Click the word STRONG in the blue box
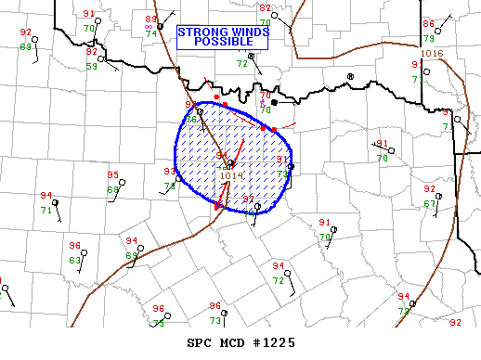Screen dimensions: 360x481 tap(201, 32)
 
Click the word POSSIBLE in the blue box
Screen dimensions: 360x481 tap(223, 43)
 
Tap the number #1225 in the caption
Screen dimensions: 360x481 tap(274, 342)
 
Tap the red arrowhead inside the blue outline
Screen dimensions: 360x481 tap(219, 205)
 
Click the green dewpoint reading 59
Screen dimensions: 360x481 tap(92, 66)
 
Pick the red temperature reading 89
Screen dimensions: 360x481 tap(151, 19)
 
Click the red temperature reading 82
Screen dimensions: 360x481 tap(265, 8)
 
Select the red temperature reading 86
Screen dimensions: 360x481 tap(428, 24)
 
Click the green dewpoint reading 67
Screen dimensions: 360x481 tap(430, 203)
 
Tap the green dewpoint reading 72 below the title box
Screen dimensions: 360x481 tap(241, 64)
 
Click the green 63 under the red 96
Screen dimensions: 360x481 tap(75, 261)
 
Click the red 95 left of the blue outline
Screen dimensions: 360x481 tap(112, 175)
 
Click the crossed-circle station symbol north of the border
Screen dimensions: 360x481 tap(350, 76)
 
